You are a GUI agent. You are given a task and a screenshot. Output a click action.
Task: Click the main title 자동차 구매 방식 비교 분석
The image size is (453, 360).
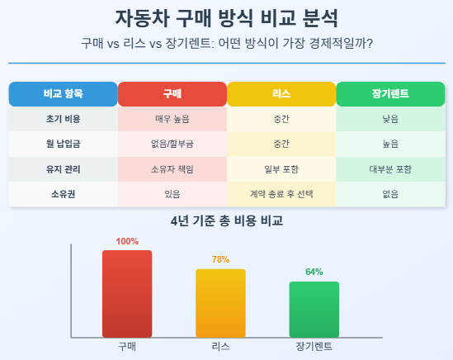pyautogui.click(x=226, y=18)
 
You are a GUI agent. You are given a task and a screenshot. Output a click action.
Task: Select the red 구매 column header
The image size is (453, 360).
pyautogui.click(x=172, y=94)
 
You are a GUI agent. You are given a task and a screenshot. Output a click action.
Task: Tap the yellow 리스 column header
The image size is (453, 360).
pyautogui.click(x=281, y=94)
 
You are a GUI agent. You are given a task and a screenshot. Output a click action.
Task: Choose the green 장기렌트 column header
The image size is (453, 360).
pyautogui.click(x=390, y=94)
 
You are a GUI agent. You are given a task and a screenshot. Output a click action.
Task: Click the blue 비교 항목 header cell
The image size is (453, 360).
pyautogui.click(x=64, y=94)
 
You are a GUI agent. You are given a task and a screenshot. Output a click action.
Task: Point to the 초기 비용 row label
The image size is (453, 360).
pyautogui.click(x=64, y=119)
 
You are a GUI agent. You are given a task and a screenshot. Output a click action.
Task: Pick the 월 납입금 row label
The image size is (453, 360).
pyautogui.click(x=64, y=144)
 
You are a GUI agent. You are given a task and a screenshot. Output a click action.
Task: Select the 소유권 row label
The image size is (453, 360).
pyautogui.click(x=64, y=194)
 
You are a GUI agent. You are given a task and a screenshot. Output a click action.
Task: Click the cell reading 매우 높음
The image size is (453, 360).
pyautogui.click(x=172, y=119)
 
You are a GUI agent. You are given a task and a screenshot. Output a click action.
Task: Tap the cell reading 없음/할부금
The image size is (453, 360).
pyautogui.click(x=172, y=144)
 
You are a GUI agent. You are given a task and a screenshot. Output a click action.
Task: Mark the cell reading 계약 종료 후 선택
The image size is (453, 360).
pyautogui.click(x=281, y=194)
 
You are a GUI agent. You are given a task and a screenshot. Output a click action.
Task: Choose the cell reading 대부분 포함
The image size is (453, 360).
pyautogui.click(x=390, y=169)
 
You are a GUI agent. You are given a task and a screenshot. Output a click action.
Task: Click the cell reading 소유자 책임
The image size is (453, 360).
pyautogui.click(x=172, y=169)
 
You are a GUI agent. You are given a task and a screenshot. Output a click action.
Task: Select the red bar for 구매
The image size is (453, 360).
pyautogui.click(x=127, y=294)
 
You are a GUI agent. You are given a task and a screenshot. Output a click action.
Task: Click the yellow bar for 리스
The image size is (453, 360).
pyautogui.click(x=220, y=303)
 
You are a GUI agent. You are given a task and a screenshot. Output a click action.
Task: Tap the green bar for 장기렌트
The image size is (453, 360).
pyautogui.click(x=314, y=310)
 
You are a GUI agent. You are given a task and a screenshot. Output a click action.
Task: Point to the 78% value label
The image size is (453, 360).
pyautogui.click(x=220, y=259)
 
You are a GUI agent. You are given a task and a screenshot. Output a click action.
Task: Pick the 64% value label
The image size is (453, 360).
pyautogui.click(x=314, y=272)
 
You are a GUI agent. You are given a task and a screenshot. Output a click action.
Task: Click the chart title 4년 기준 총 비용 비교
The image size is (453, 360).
pyautogui.click(x=226, y=221)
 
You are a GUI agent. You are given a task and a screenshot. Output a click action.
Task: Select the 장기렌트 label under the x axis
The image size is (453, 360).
pyautogui.click(x=314, y=347)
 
